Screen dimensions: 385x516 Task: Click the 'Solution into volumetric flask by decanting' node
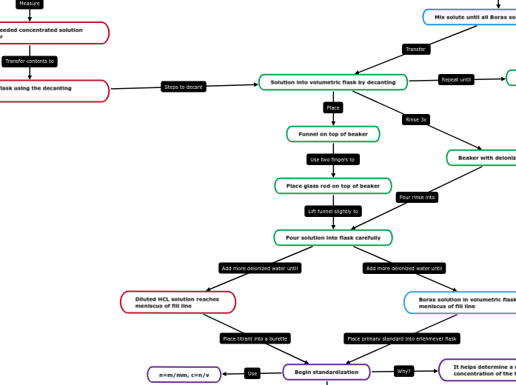tap(333, 82)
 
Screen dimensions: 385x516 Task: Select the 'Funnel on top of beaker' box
tap(333, 134)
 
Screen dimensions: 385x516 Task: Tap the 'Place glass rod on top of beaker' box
tap(333, 186)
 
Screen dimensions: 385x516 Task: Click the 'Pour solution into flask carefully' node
tap(333, 238)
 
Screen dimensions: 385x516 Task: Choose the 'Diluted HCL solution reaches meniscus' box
tap(178, 302)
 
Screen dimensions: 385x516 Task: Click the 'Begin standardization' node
tap(326, 372)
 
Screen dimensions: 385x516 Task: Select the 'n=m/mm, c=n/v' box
tap(184, 375)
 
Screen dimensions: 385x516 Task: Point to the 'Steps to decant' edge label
tap(184, 87)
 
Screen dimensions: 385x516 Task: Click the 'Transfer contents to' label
tap(30, 61)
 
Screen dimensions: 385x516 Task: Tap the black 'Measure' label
tap(30, 4)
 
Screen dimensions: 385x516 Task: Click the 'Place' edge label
tap(333, 108)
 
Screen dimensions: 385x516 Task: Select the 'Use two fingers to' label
tap(333, 159)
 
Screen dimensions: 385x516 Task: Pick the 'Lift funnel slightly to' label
tap(333, 211)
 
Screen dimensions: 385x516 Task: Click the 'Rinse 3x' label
tap(416, 119)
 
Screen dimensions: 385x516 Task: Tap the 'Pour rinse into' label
tap(417, 198)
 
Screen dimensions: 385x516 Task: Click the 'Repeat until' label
tap(456, 79)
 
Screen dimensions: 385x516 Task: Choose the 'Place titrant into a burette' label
tap(255, 338)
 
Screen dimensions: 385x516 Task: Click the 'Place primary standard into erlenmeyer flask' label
tap(402, 338)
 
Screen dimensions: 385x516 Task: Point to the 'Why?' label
tap(403, 371)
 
